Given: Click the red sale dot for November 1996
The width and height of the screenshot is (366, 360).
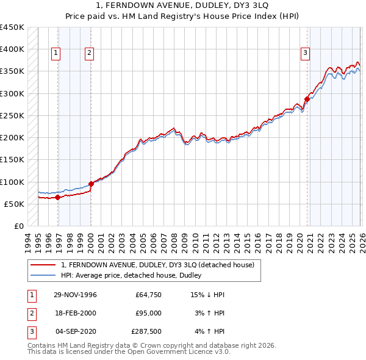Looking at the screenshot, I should [57, 197].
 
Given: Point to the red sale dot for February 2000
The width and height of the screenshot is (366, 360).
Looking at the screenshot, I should [91, 184].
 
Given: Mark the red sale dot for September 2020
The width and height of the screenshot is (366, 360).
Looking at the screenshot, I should [307, 99].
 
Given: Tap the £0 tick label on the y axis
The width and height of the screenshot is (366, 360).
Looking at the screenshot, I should [18, 226].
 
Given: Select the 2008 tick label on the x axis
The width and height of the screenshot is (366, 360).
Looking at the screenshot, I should [174, 241].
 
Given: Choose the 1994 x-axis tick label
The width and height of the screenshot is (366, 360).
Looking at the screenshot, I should [28, 241].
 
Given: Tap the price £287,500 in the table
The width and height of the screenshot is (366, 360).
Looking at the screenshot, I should [146, 331].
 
